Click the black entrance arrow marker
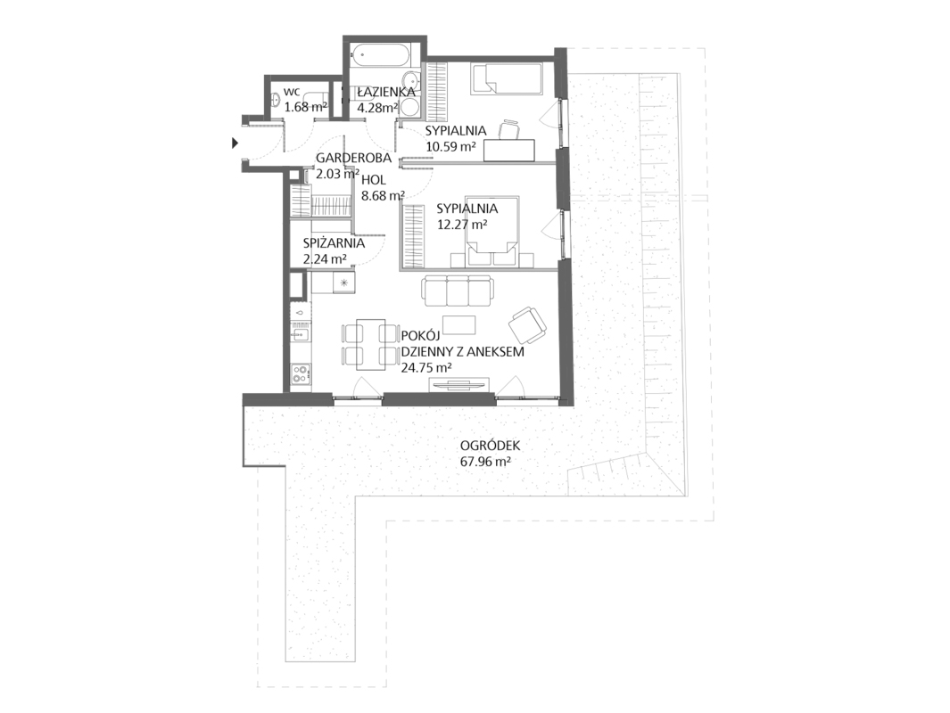coord(234,143)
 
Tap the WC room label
coord(292,93)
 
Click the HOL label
coord(373,180)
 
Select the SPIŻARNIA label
coord(334,243)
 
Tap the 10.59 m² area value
coord(450,146)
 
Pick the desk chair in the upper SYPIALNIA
coord(509,129)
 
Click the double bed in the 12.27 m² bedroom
coord(492,230)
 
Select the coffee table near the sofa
coord(458,325)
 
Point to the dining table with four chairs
coord(370,344)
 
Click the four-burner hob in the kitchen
coord(300,373)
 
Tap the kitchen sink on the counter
coord(300,332)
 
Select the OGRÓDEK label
coord(490,447)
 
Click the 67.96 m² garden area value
coord(484,462)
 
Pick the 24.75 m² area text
coord(426,367)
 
